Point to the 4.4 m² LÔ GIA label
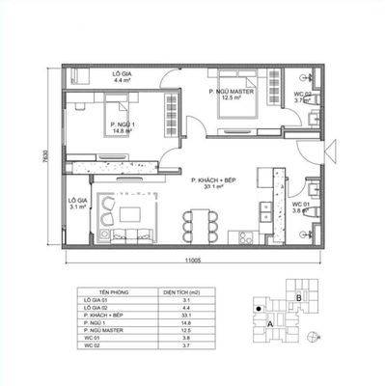[121, 77]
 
